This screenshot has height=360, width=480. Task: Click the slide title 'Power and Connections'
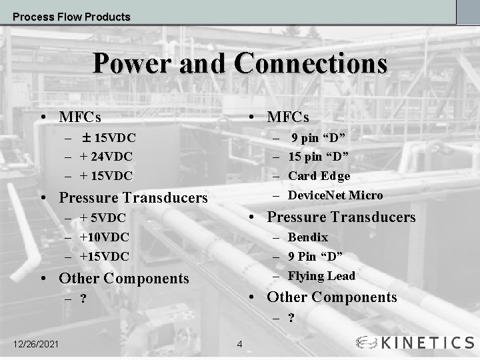[240, 64]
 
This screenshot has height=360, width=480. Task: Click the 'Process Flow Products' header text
[71, 17]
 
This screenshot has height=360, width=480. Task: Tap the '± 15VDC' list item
[109, 138]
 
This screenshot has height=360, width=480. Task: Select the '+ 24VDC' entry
[106, 157]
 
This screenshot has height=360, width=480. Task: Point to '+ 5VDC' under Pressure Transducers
[103, 217]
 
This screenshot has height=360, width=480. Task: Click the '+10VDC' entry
[104, 237]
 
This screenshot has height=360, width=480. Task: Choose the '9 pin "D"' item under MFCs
[317, 138]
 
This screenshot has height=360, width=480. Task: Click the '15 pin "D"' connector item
[319, 157]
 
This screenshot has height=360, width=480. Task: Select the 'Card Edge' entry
[319, 176]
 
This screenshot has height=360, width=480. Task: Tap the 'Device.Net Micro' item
[335, 195]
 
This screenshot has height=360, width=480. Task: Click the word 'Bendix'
[308, 237]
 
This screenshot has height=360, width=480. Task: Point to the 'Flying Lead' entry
[321, 276]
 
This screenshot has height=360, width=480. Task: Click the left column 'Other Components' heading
[124, 278]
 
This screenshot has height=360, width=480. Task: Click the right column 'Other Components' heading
[331, 297]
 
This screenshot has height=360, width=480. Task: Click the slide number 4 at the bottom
[240, 345]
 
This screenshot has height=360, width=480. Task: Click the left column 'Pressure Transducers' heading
[133, 198]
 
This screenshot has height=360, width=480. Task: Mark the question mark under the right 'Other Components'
[291, 318]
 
